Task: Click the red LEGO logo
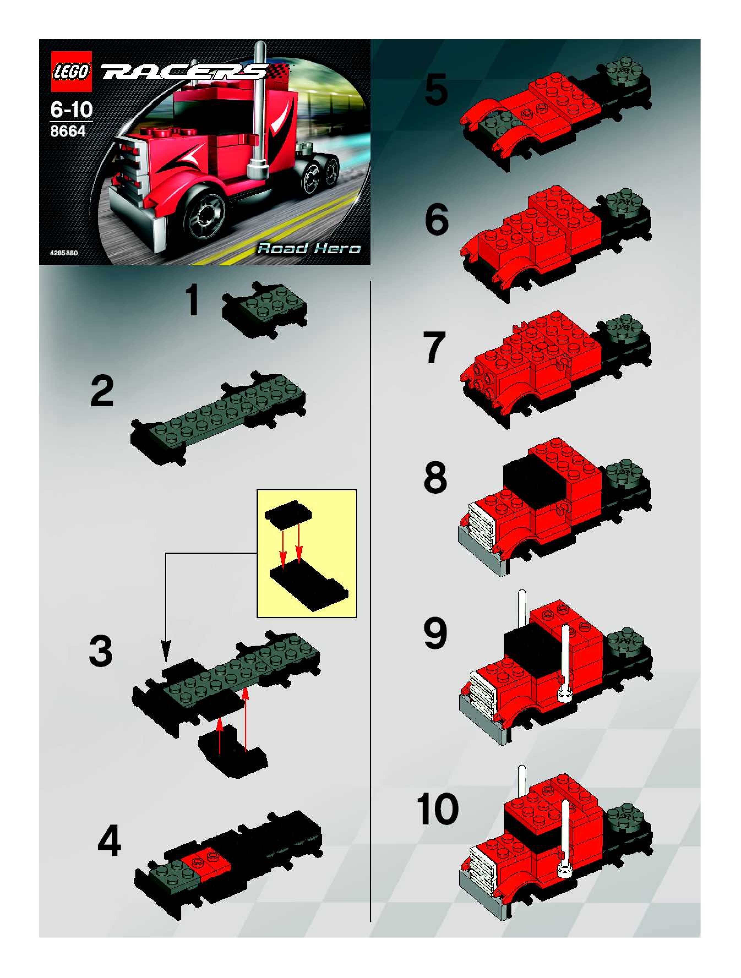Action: click(71, 71)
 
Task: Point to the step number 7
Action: click(434, 348)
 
